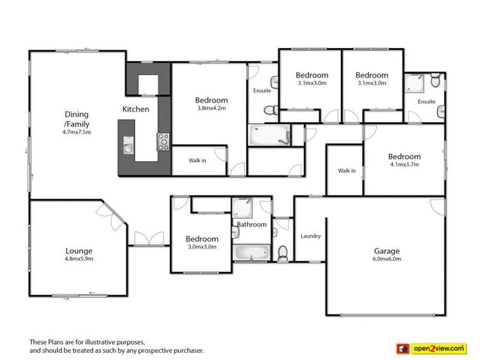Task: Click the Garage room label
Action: tap(387, 251)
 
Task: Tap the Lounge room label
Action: tap(79, 251)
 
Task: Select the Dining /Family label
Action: tap(77, 120)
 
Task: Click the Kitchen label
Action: tap(136, 109)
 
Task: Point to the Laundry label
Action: tap(310, 236)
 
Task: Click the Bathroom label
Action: tap(251, 224)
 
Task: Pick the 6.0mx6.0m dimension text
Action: tap(387, 259)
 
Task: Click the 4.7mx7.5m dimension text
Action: tap(77, 133)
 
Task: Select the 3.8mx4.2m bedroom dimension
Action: tap(211, 109)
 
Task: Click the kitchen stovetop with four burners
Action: tap(162, 140)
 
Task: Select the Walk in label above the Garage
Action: tap(347, 170)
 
